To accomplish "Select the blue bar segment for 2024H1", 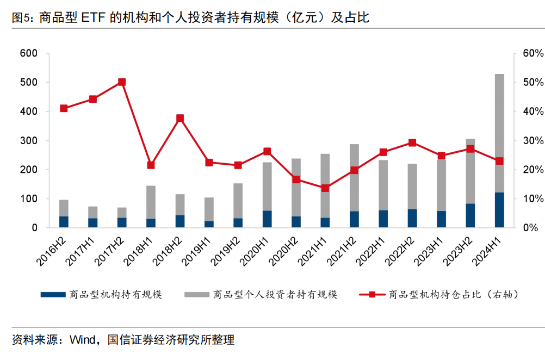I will pos(499,210).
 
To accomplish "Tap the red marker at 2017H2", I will pos(122,82).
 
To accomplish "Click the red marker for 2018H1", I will pos(151,165).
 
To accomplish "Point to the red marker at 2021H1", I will pos(325,188).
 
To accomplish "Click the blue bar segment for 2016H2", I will pos(64,222).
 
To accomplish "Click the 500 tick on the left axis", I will pos(28,83).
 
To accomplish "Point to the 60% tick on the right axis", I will pos(532,53).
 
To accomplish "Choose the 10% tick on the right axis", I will pos(532,199).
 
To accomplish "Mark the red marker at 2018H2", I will pos(180,118).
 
